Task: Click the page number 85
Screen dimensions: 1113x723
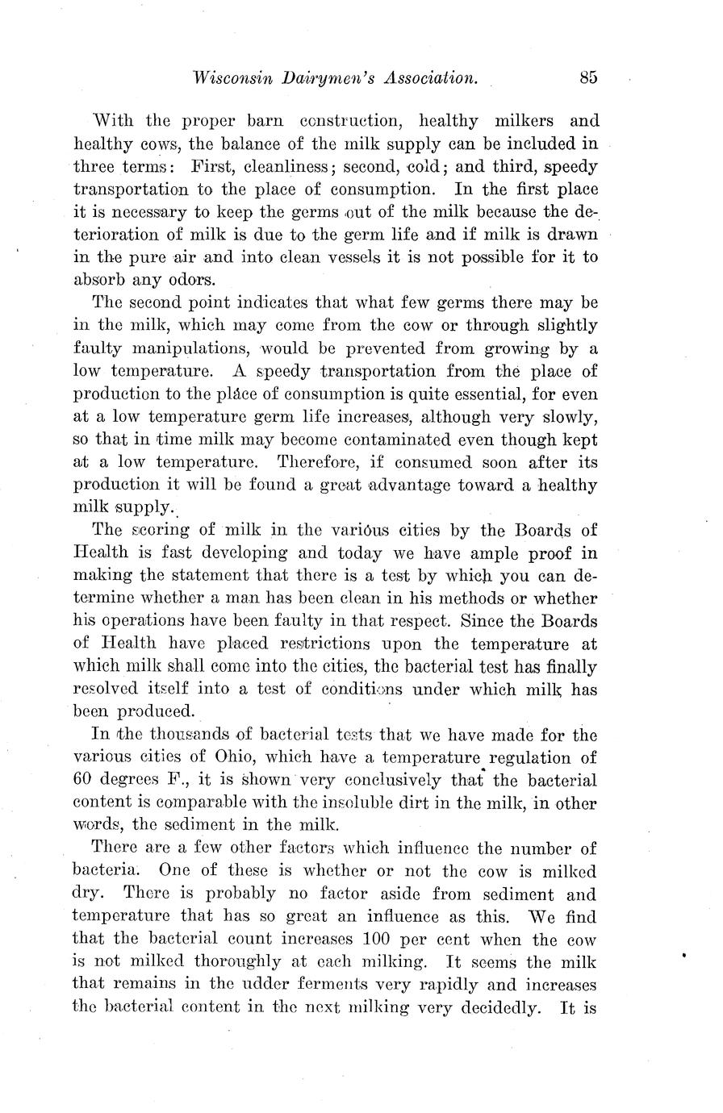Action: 587,78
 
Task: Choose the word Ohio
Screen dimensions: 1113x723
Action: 236,757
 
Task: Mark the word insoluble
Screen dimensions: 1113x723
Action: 399,803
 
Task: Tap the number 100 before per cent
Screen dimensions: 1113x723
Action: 378,940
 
